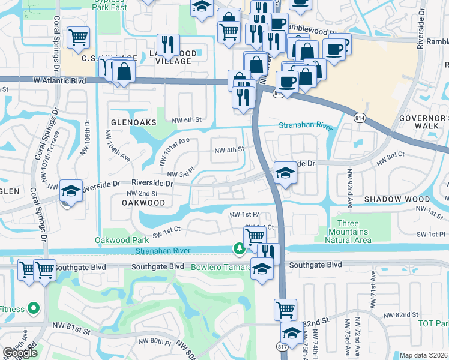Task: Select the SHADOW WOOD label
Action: [x=397, y=199]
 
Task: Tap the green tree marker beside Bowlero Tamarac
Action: [x=240, y=248]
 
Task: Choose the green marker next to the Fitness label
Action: [x=33, y=310]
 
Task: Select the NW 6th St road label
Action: [x=184, y=120]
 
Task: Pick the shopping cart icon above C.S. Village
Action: [x=78, y=38]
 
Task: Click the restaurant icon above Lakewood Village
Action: [x=167, y=44]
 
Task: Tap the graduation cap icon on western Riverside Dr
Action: [x=71, y=191]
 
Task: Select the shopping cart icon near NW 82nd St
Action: [x=285, y=310]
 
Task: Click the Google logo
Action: [x=20, y=353]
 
